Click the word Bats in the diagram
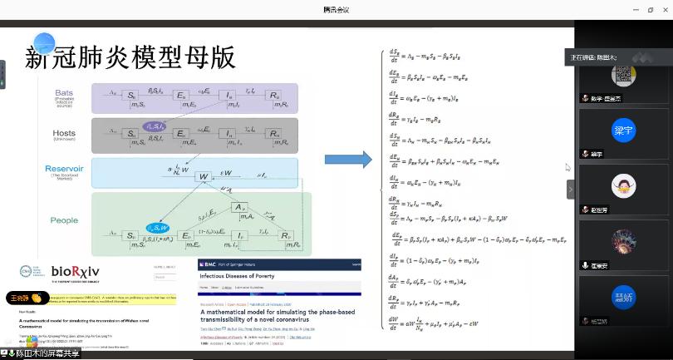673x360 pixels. [64, 92]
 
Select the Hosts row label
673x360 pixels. [64, 133]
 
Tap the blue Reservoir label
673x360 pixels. [64, 168]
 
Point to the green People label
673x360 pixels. [65, 220]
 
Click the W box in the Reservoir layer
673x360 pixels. [202, 176]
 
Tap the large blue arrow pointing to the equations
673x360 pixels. [347, 159]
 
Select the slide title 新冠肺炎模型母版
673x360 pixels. [131, 57]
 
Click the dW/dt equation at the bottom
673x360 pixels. [449, 320]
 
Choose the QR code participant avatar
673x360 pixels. [624, 74]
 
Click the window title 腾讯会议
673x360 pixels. [336, 8]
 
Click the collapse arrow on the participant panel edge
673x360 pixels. [571, 189]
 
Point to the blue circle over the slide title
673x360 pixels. [45, 42]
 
